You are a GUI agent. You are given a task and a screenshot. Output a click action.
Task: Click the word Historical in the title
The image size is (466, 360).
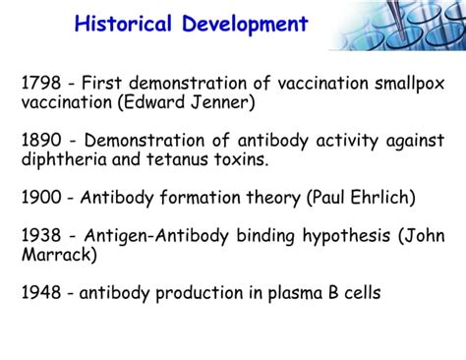(127, 25)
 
